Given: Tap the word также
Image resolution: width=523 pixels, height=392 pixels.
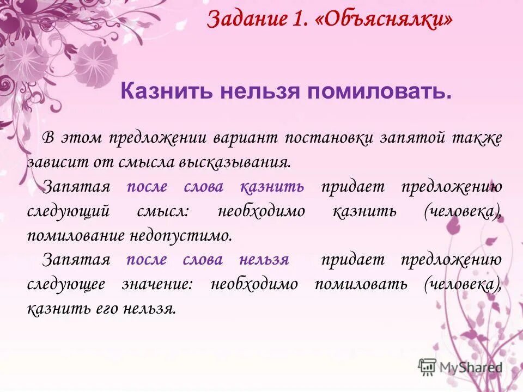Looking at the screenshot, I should (477, 138).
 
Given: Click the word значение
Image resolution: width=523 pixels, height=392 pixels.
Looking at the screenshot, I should (155, 284).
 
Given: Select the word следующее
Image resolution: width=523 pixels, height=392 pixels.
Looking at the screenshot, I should (65, 284).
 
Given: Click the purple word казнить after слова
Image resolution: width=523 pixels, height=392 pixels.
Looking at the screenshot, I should (272, 187).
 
